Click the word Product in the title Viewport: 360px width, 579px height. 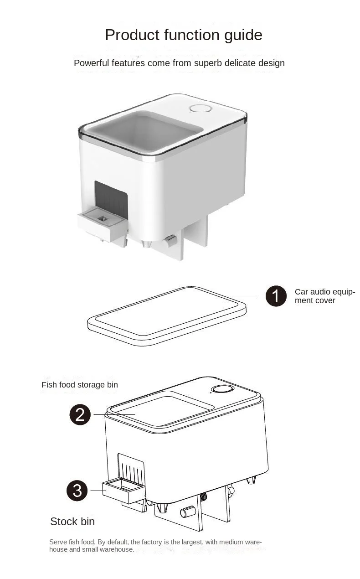pyautogui.click(x=132, y=35)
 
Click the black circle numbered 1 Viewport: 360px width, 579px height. pyautogui.click(x=276, y=296)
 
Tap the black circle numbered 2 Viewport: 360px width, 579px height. pyautogui.click(x=80, y=414)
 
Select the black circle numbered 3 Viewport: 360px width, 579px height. pyautogui.click(x=77, y=491)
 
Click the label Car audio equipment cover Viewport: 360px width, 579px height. pyautogui.click(x=325, y=296)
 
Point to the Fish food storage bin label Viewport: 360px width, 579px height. pyautogui.click(x=80, y=385)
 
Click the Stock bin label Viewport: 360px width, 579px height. pyautogui.click(x=72, y=522)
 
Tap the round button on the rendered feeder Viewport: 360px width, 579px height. pyautogui.click(x=201, y=109)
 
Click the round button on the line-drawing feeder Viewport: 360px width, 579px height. pyautogui.click(x=222, y=390)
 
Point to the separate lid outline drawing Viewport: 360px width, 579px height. pyautogui.click(x=167, y=316)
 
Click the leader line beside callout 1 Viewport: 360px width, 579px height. pyautogui.click(x=242, y=297)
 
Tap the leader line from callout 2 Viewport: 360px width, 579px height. pyautogui.click(x=114, y=414)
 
